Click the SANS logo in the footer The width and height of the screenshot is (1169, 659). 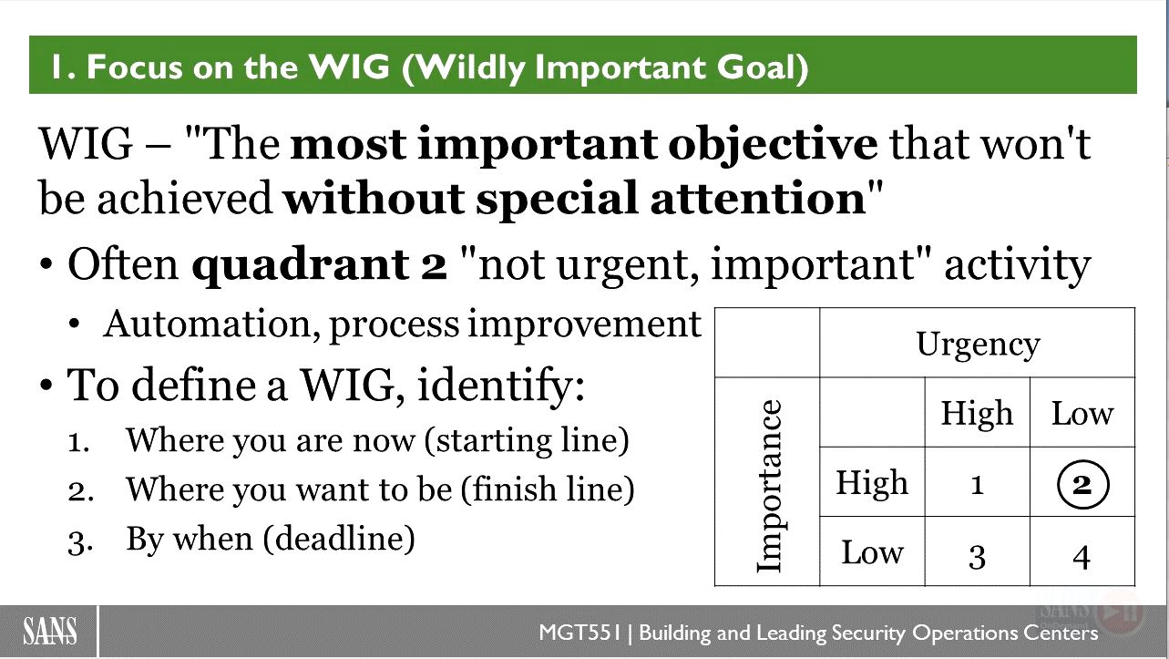tap(50, 631)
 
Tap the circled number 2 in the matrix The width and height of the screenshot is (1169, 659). tap(1082, 485)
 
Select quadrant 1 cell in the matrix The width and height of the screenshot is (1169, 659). tap(977, 482)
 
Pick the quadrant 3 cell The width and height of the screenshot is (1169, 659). tap(977, 551)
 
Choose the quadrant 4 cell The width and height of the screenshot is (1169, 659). tap(1082, 551)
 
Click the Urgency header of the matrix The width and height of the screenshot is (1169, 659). tap(978, 345)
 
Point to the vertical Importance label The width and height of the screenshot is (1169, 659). tap(770, 487)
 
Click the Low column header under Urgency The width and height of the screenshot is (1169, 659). tap(1082, 414)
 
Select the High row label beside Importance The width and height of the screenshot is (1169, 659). tap(872, 482)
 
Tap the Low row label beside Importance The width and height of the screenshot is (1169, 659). tap(872, 551)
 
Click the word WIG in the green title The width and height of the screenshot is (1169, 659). tap(349, 67)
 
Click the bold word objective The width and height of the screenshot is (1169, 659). tap(773, 145)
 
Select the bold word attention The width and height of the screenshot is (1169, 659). tap(758, 199)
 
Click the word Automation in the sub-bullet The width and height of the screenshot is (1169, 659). tap(211, 324)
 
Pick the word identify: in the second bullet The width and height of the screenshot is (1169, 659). tap(501, 386)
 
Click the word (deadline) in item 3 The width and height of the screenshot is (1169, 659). tap(339, 539)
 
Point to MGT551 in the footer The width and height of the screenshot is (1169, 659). tap(579, 633)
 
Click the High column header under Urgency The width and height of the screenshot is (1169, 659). tap(977, 414)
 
